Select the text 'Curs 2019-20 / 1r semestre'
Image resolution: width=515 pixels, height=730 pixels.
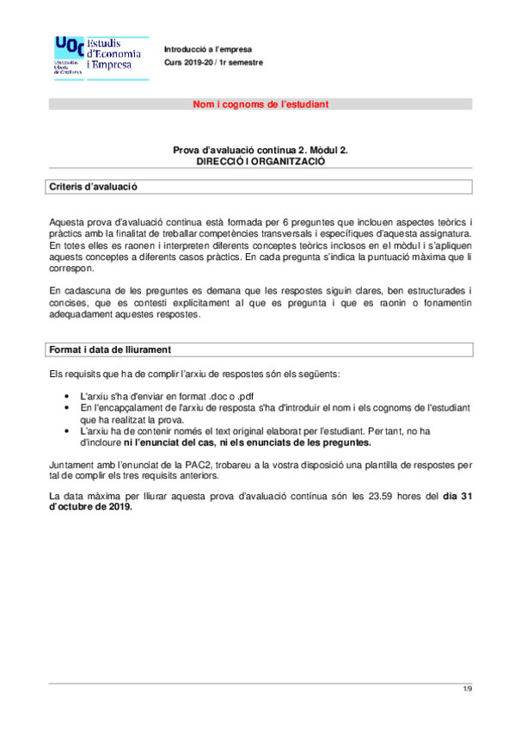[x=213, y=63]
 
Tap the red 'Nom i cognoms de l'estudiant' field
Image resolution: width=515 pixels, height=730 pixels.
[x=260, y=104]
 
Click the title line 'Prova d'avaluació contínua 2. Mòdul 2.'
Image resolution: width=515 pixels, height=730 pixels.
[x=260, y=150]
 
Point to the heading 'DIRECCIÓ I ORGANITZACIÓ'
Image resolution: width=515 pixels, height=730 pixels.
[x=260, y=161]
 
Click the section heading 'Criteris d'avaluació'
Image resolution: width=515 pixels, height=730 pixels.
[x=93, y=186]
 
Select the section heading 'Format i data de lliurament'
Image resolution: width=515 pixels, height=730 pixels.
[x=110, y=350]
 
